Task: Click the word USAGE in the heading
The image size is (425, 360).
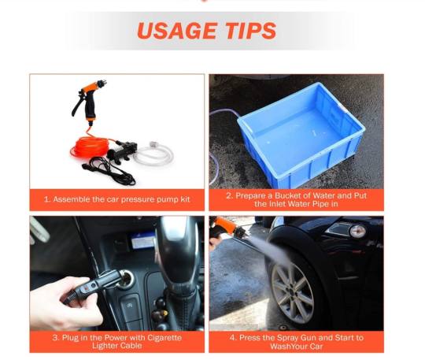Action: [x=177, y=31]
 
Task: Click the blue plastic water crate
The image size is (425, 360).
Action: [x=301, y=134]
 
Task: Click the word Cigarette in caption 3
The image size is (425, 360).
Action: [x=164, y=338]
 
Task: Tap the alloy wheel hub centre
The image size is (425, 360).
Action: [x=292, y=292]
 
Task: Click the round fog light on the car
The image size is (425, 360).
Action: [x=357, y=232]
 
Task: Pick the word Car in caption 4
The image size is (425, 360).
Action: [x=316, y=347]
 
